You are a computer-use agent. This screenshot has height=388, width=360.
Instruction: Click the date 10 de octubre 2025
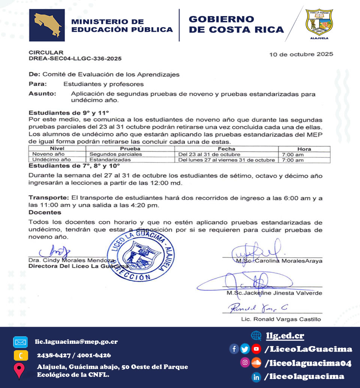(x=301, y=54)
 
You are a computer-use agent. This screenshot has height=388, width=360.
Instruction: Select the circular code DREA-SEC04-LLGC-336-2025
(x=75, y=59)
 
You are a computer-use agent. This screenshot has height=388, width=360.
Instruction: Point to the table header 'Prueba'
(x=130, y=149)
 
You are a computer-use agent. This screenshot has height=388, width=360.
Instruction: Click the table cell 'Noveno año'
(x=49, y=154)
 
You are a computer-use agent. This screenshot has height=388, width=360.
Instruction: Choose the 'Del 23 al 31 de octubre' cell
(x=207, y=154)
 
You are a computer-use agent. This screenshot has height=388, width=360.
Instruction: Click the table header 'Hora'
(x=304, y=149)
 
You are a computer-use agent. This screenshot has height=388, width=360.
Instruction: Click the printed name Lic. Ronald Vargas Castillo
(x=281, y=319)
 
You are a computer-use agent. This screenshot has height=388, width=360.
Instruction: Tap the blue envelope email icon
(x=20, y=342)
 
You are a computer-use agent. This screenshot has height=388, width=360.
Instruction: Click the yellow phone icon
(x=20, y=355)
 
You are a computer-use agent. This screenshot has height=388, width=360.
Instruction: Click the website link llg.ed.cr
(x=285, y=336)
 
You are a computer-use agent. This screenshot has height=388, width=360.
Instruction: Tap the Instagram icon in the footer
(x=245, y=362)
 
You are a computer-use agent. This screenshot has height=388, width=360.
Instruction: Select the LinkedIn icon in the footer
(x=256, y=377)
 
